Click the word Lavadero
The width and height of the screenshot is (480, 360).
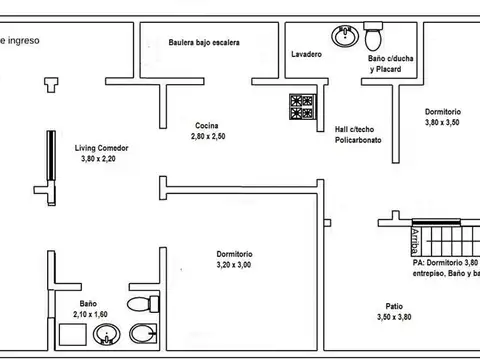pyautogui.click(x=306, y=54)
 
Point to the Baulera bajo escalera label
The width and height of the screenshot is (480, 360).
pyautogui.click(x=204, y=43)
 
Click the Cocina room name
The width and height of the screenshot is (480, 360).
pyautogui.click(x=208, y=125)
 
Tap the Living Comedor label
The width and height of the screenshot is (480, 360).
pyautogui.click(x=101, y=147)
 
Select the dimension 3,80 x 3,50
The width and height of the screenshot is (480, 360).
pyautogui.click(x=442, y=122)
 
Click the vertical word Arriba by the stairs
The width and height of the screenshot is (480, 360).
pyautogui.click(x=414, y=240)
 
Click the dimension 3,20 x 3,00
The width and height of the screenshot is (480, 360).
pyautogui.click(x=235, y=265)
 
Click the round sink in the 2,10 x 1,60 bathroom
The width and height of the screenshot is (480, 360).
pyautogui.click(x=105, y=337)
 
